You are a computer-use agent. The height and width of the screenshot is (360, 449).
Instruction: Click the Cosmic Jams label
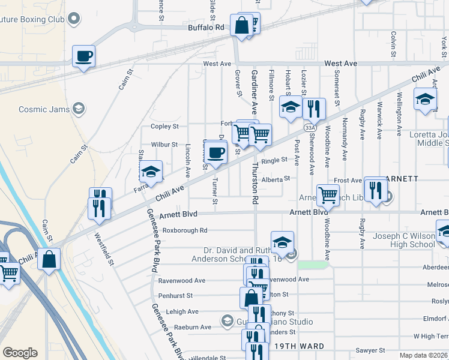[x=43, y=109]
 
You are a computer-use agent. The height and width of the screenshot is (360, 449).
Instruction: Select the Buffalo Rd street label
[x=205, y=28]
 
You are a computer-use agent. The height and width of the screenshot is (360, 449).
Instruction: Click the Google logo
[x=20, y=353]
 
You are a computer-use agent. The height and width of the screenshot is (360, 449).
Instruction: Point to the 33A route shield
[x=310, y=128]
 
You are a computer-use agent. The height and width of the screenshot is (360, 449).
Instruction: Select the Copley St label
[x=164, y=127]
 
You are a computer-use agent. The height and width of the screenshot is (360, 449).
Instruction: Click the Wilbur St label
[x=164, y=145]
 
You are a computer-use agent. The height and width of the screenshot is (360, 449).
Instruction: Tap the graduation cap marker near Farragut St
[x=151, y=172]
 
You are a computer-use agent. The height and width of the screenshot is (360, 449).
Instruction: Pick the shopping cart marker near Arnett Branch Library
[x=328, y=194]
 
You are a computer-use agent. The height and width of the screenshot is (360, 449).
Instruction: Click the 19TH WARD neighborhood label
[x=299, y=346]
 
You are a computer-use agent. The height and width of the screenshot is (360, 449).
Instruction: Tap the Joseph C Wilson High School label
[x=403, y=240]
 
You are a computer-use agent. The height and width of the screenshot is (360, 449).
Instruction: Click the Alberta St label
[x=276, y=178]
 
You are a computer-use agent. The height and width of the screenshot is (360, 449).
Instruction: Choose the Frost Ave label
[x=348, y=180]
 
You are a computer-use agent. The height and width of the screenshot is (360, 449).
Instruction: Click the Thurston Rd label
[x=256, y=182]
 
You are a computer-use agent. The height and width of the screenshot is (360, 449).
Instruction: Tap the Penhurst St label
[x=175, y=296]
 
